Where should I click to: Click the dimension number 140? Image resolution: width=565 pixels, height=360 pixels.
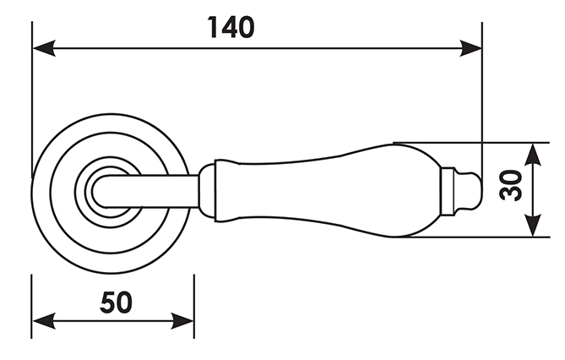pos(231,27)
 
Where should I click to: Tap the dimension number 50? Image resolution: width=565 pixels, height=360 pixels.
pos(116,303)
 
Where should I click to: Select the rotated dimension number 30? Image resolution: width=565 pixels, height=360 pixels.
pos(511,185)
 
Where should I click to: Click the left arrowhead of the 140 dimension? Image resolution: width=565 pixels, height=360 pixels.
pos(44,48)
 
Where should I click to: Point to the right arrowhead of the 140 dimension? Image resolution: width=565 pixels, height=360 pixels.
pos(470,48)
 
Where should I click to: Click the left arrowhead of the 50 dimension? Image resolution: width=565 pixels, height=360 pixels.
pos(44,320)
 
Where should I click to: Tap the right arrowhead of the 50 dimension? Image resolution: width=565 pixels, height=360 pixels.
pos(182,320)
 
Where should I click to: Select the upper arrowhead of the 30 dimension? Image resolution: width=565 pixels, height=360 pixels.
pos(533,155)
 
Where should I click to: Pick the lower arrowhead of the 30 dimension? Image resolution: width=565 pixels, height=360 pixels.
pos(533,226)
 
